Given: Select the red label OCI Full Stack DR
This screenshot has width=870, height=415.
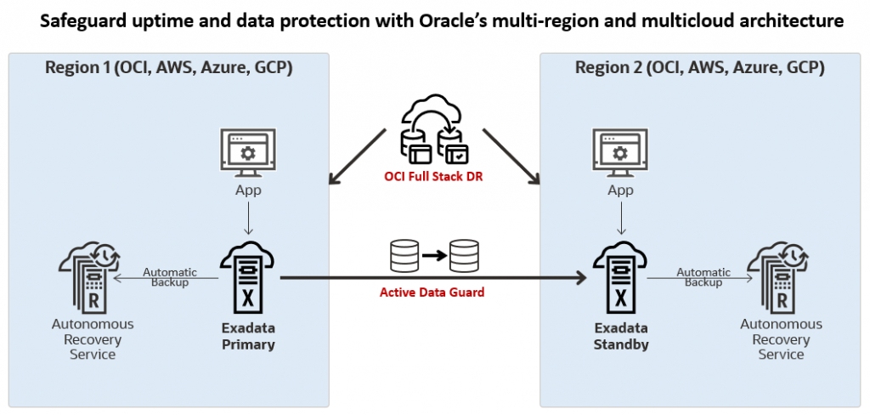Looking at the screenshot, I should (x=434, y=177).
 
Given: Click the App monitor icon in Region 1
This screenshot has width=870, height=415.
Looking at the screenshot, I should (x=247, y=154).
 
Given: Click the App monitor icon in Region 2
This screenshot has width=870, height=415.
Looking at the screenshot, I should (x=621, y=154).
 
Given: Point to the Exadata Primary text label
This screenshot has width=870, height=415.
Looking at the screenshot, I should (x=247, y=337).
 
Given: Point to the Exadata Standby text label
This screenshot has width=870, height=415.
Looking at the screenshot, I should (x=621, y=337).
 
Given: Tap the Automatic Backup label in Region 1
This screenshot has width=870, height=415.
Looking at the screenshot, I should (x=170, y=277).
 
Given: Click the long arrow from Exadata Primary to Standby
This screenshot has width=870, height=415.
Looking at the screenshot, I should (x=433, y=277).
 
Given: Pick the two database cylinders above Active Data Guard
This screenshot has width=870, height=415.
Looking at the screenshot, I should (x=434, y=253).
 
